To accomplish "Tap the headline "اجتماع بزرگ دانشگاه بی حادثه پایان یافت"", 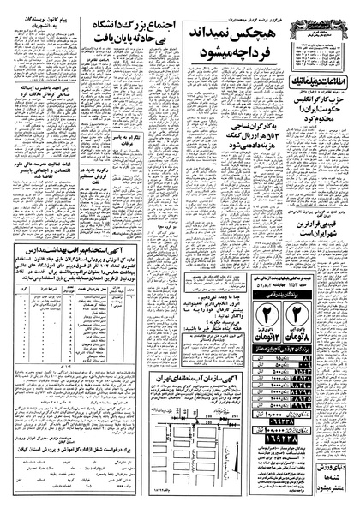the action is click(x=126, y=33).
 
